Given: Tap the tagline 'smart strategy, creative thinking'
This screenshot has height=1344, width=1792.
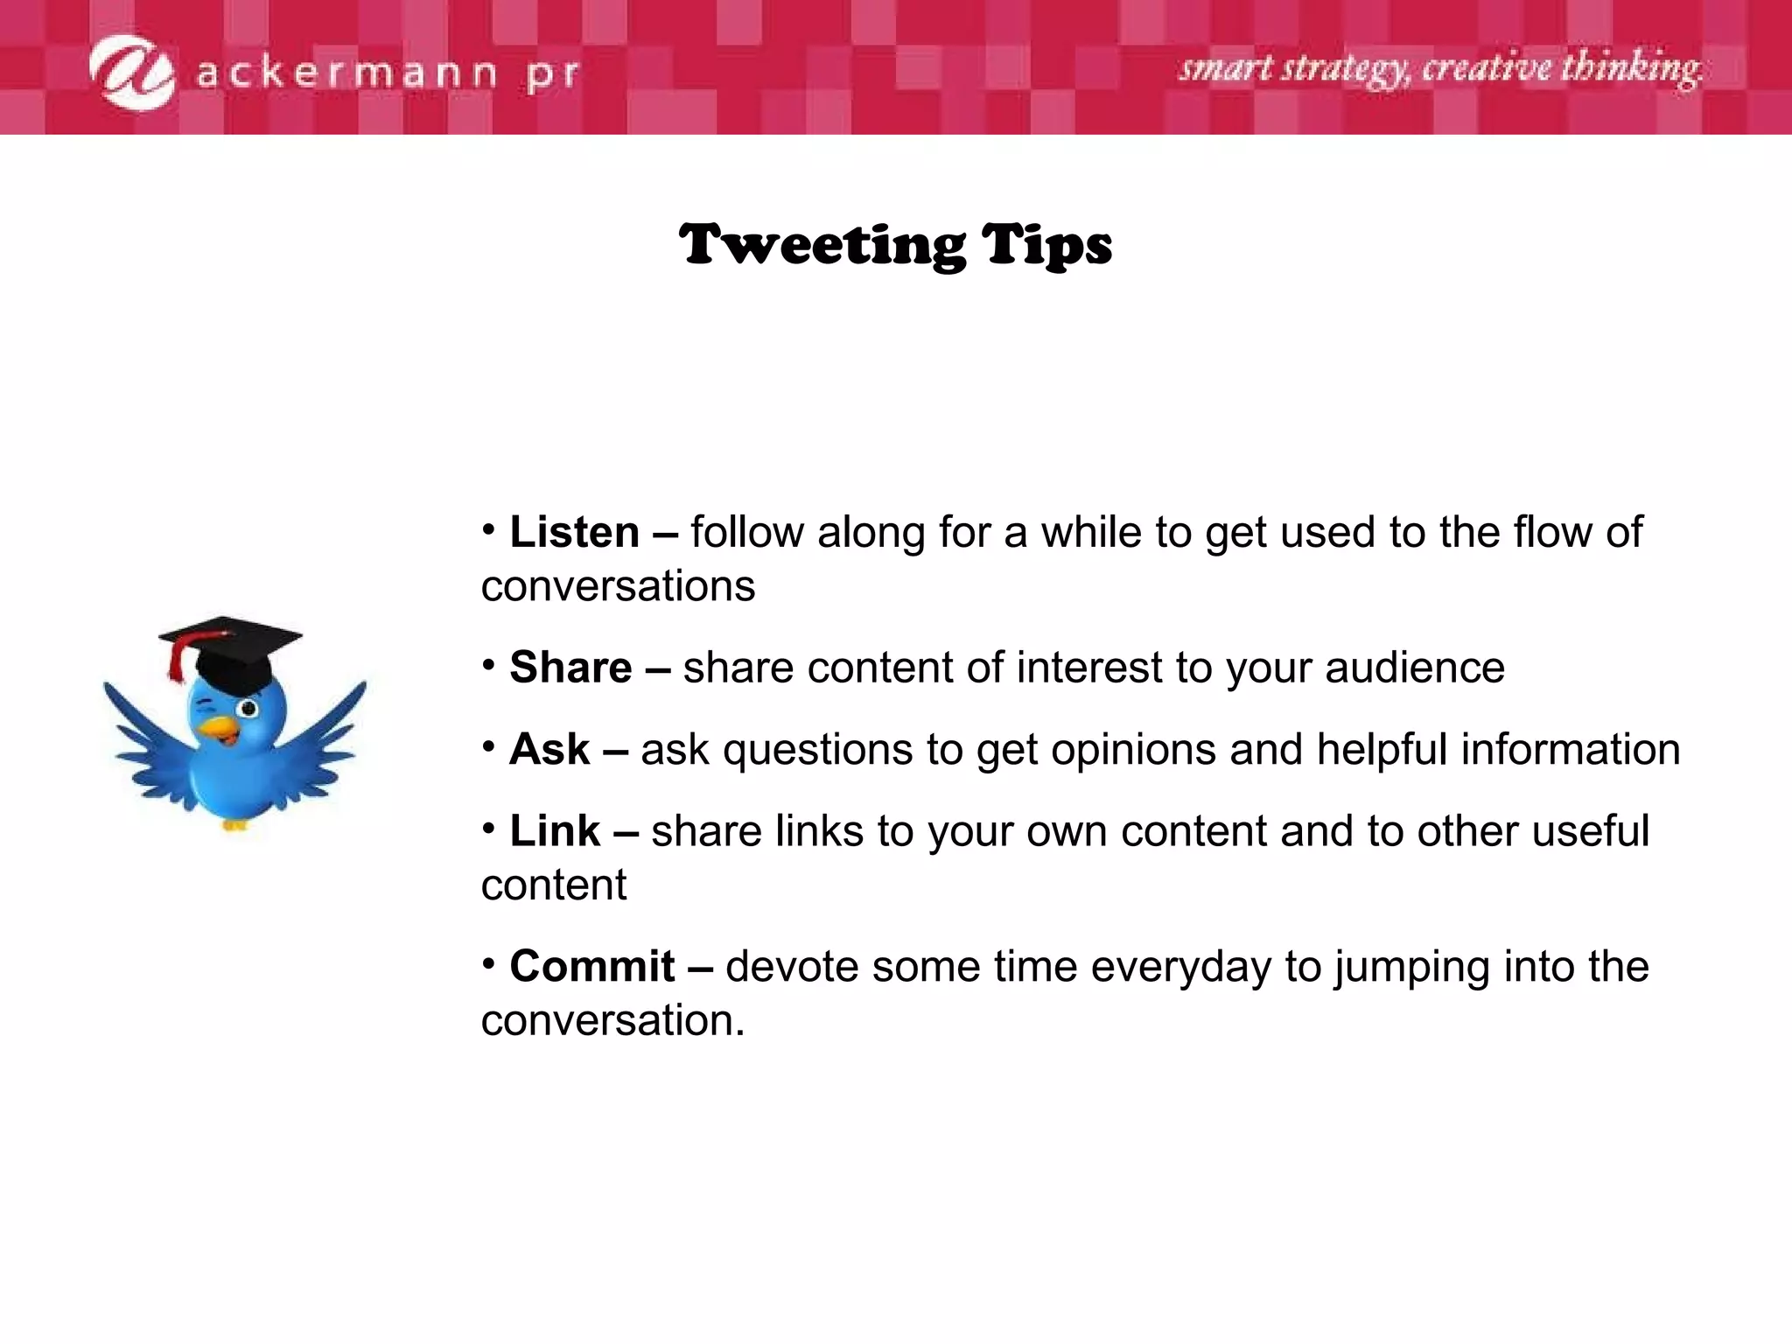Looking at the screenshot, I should click(x=1439, y=68).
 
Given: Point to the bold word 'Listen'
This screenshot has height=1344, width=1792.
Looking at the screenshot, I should click(x=575, y=532).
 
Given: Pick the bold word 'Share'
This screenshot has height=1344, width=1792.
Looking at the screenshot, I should click(x=570, y=668).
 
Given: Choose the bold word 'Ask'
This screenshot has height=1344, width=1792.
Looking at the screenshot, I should click(x=549, y=750).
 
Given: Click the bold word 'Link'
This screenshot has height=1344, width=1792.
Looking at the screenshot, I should click(x=555, y=831).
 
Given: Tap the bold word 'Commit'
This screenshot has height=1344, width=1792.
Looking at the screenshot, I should click(x=592, y=967).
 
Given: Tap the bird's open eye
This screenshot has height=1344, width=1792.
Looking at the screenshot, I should click(x=248, y=707).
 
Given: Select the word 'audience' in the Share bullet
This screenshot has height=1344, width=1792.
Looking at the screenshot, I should click(x=1415, y=668).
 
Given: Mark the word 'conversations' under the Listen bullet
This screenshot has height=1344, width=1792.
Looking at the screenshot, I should click(x=618, y=586).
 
